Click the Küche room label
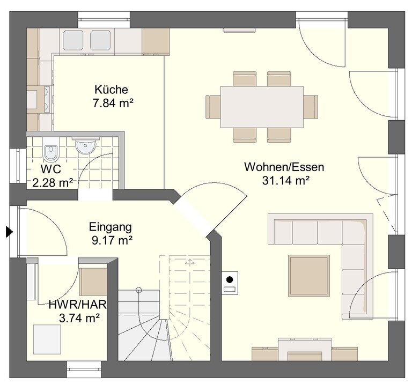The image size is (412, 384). (x=111, y=90)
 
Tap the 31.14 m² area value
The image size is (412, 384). (x=285, y=180)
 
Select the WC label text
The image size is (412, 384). (x=51, y=169)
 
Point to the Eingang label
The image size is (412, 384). (x=111, y=227)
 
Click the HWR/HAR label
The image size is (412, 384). (x=78, y=305)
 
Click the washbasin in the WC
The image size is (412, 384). (x=85, y=146)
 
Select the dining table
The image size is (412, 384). (x=262, y=107)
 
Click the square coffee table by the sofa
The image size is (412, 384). (x=309, y=276)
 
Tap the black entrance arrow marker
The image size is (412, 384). (x=9, y=232)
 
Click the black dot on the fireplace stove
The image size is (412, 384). (x=230, y=280)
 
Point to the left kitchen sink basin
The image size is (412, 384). (x=73, y=40)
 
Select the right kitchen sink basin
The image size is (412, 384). (x=100, y=40)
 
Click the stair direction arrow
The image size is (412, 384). (x=190, y=262)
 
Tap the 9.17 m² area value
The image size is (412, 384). (x=112, y=240)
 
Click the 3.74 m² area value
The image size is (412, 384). (x=79, y=319)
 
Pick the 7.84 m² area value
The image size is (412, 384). (x=113, y=102)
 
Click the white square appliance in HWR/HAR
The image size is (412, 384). (x=47, y=339)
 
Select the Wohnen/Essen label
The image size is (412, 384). (x=284, y=167)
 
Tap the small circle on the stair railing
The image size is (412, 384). (x=139, y=290)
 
